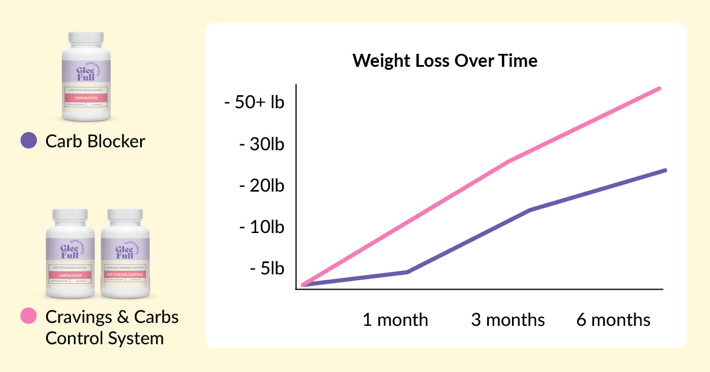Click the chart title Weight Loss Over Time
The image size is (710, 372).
pyautogui.click(x=445, y=61)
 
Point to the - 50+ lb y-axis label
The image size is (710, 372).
pyautogui.click(x=254, y=102)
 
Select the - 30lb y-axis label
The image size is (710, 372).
pyautogui.click(x=261, y=144)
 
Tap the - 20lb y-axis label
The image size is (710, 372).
pyautogui.click(x=261, y=186)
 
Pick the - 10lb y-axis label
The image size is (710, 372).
pyautogui.click(x=261, y=227)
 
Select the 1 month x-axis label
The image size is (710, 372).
pyautogui.click(x=395, y=320)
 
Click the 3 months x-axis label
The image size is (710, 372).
pyautogui.click(x=508, y=320)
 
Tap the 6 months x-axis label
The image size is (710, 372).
pyautogui.click(x=613, y=320)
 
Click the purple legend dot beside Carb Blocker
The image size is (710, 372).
pyautogui.click(x=28, y=141)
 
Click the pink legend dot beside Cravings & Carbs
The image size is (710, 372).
pyautogui.click(x=28, y=316)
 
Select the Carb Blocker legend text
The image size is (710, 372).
pyautogui.click(x=95, y=141)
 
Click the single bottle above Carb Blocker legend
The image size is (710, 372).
pyautogui.click(x=86, y=77)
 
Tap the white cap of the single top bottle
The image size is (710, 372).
pyautogui.click(x=86, y=39)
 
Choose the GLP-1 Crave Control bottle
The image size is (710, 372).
pyautogui.click(x=125, y=254)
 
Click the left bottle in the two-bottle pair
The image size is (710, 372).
pyautogui.click(x=70, y=254)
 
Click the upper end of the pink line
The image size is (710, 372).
pyautogui.click(x=660, y=88)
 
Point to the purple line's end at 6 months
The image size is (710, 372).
pyautogui.click(x=666, y=170)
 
